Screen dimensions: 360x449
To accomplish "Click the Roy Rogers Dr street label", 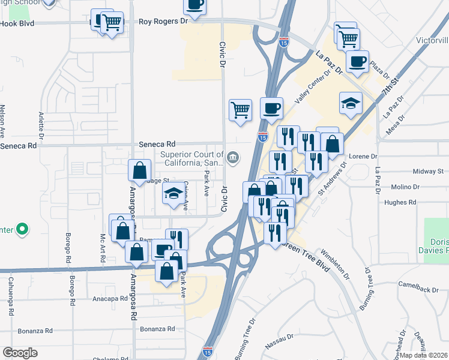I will pyautogui.click(x=163, y=20).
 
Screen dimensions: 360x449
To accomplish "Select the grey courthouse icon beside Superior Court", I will pyautogui.click(x=234, y=158).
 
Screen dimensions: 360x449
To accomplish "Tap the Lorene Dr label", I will pyautogui.click(x=361, y=156).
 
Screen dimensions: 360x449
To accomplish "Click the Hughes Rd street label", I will pyautogui.click(x=400, y=202).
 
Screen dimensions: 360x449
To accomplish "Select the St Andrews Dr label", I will pyautogui.click(x=333, y=178).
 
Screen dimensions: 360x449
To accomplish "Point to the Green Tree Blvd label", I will pyautogui.click(x=306, y=256).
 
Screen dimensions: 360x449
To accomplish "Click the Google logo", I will pyautogui.click(x=20, y=353).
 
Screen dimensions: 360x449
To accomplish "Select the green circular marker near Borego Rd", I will pyautogui.click(x=22, y=229).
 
